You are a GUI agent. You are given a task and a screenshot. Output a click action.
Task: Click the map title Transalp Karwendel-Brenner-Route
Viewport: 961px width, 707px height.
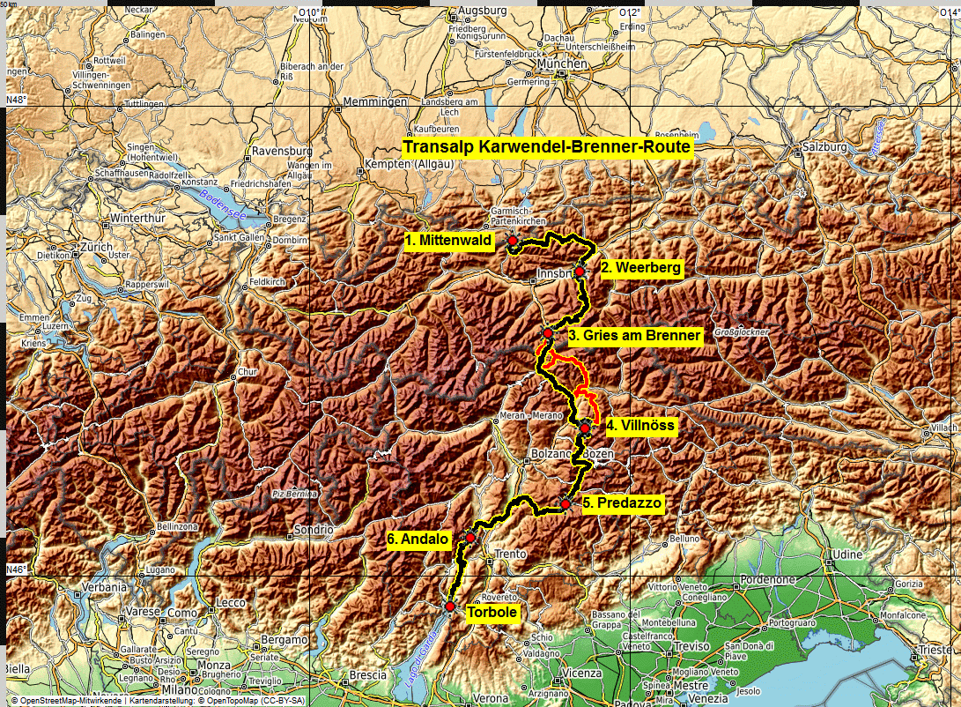tap(547, 147)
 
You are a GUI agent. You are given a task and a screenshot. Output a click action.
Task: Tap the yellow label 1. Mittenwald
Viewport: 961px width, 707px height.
tap(450, 240)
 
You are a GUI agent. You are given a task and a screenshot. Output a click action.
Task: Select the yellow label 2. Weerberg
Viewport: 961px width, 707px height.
tap(640, 268)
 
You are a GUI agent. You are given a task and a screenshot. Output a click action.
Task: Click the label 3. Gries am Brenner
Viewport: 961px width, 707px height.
tap(634, 335)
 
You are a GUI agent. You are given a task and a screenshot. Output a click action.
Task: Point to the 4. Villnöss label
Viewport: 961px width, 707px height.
tap(640, 426)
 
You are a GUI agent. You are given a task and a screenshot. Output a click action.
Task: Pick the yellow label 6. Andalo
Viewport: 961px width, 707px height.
tap(418, 539)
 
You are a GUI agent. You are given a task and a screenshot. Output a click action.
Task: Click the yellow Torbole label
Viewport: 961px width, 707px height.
tap(492, 613)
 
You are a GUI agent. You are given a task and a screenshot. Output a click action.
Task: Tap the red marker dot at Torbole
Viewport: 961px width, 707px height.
tap(449, 607)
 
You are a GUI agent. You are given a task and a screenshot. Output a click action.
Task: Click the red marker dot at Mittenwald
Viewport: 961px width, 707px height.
tap(513, 241)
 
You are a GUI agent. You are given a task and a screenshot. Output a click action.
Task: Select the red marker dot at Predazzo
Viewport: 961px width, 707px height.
tap(566, 504)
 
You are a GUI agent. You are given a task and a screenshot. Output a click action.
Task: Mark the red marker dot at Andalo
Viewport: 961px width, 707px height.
tap(470, 538)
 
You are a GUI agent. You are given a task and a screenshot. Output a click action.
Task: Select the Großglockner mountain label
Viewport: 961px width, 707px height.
tap(741, 332)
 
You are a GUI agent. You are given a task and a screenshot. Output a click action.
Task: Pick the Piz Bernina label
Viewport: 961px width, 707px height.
tap(293, 494)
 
